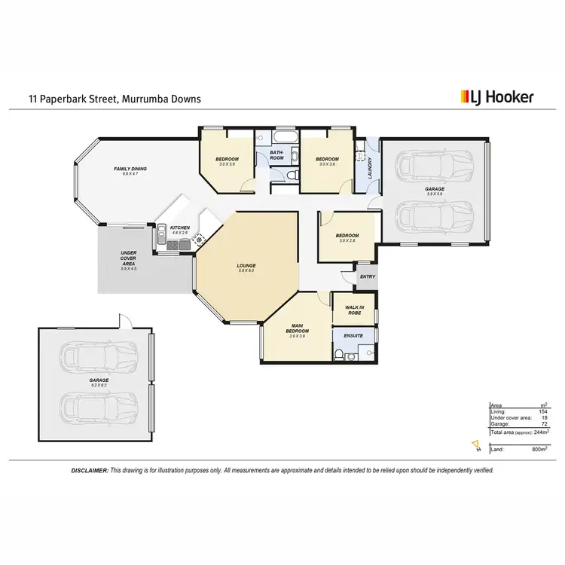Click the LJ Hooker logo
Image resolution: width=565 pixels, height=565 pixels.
point(496,96)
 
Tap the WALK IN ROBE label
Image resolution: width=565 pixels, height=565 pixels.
point(354,309)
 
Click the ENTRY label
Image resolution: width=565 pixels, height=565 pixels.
point(368,277)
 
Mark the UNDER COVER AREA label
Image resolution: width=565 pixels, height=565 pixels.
point(129,261)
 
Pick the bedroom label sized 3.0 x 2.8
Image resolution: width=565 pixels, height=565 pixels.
point(347,238)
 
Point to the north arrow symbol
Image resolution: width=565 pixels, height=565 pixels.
point(476,446)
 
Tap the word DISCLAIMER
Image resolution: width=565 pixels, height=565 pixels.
point(90,469)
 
